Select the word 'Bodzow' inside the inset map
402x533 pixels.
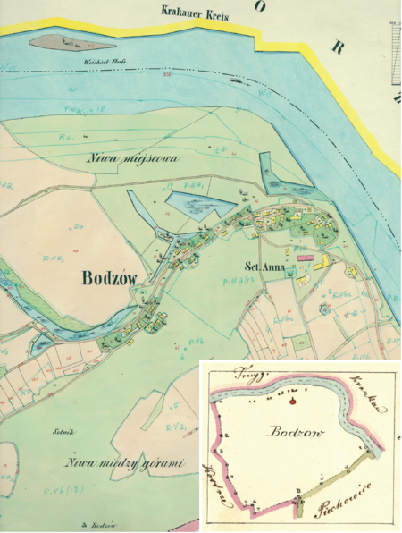point(288,432)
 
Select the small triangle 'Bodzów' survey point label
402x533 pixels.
point(105,524)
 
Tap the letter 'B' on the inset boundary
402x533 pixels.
point(296,491)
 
